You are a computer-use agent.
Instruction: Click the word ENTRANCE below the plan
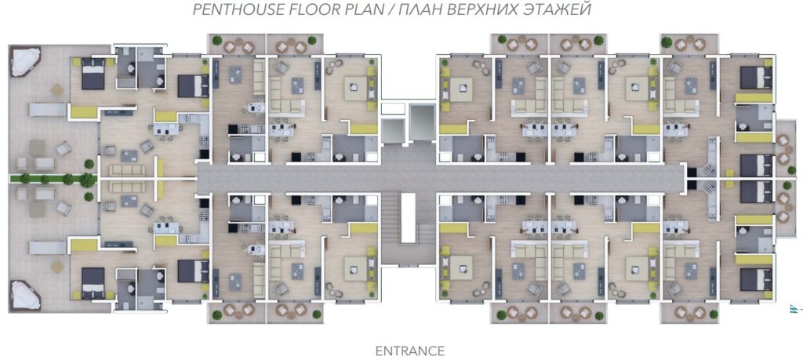[409, 351]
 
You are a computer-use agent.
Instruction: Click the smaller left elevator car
[394, 131]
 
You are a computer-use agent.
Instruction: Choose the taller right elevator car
[421, 121]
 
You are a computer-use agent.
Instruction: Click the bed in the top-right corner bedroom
[756, 78]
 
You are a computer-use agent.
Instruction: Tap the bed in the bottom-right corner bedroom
[756, 279]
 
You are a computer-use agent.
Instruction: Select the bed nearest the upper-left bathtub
[93, 74]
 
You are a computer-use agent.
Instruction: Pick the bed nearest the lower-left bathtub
[93, 283]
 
